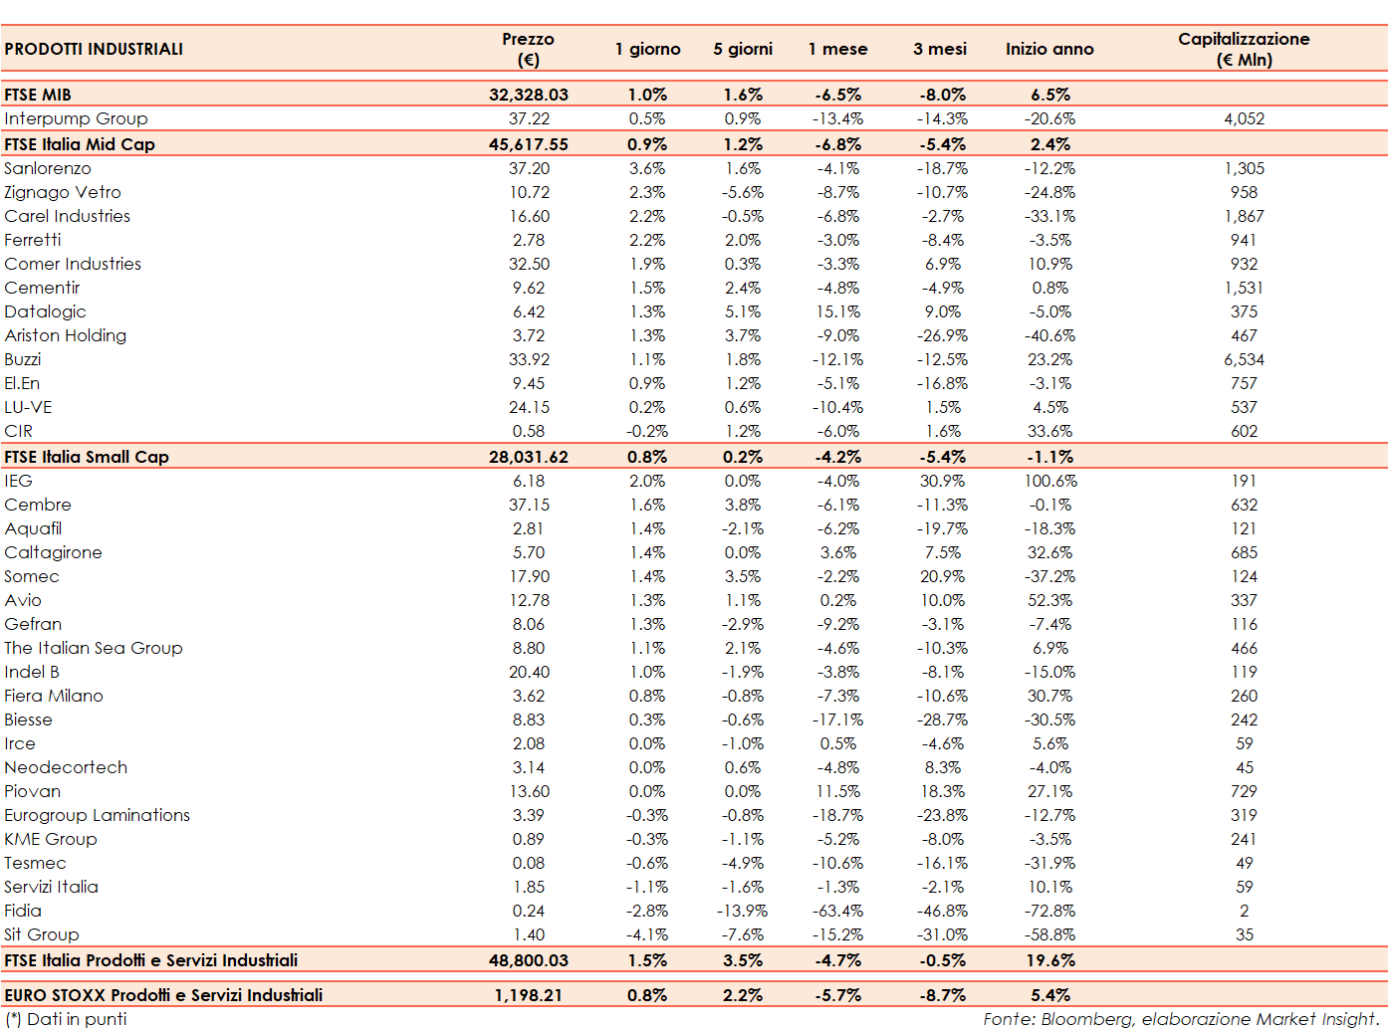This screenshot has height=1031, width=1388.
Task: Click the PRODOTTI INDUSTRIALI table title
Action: pos(94,49)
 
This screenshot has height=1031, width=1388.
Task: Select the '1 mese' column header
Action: pos(837,49)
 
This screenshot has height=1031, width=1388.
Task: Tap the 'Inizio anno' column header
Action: pos(1048,49)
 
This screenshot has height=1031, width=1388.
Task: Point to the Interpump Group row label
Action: pos(76,118)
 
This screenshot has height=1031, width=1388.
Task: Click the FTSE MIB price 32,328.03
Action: pos(528,95)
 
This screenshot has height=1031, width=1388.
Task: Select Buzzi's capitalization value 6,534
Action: pos(1244,359)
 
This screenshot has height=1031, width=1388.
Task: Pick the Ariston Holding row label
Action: pos(66,335)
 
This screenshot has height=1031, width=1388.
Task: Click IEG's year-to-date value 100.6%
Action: pos(1050,481)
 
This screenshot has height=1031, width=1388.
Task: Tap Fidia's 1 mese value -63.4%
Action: pos(837,911)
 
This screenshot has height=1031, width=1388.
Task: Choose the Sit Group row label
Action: pos(42,934)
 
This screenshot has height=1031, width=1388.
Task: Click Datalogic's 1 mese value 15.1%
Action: pos(837,311)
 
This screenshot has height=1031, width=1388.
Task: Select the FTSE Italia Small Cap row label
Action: pos(87,457)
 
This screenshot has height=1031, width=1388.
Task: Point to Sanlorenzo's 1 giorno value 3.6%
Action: pos(647,168)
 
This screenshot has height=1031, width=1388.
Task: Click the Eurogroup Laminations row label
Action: pos(97,815)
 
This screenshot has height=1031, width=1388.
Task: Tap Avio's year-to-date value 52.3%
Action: pos(1050,600)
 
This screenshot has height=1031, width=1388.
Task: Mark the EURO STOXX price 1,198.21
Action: pos(528,995)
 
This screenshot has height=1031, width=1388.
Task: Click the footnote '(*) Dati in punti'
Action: pos(68,1019)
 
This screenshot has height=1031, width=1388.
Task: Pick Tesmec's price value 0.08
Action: pos(529,863)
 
